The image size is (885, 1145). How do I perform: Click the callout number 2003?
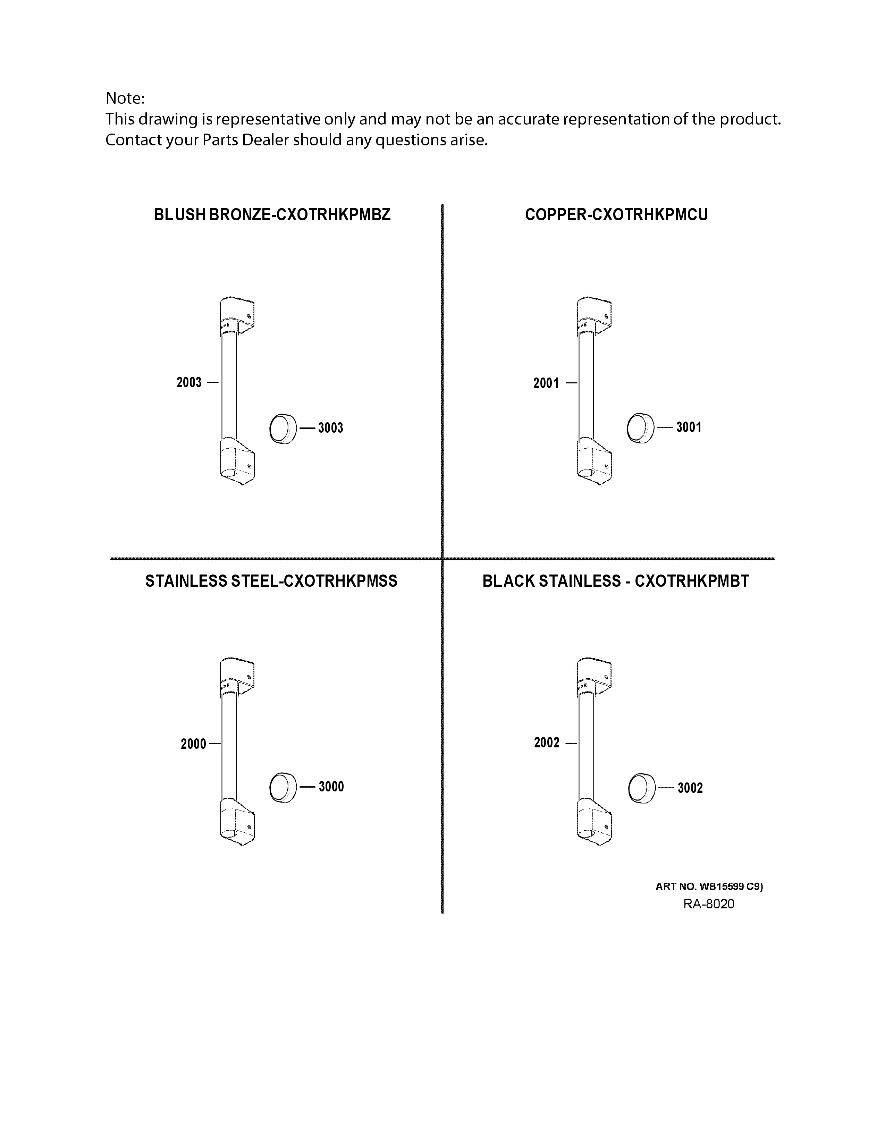click(x=189, y=383)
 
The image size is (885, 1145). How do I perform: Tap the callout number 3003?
click(x=330, y=428)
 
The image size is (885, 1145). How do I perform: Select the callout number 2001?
click(x=546, y=383)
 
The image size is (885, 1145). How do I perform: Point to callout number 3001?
click(x=689, y=427)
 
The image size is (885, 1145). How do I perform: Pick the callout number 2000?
click(x=193, y=744)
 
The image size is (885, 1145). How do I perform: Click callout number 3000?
click(x=331, y=786)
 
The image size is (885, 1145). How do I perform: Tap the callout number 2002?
click(x=547, y=743)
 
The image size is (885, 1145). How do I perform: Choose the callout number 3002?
click(x=690, y=788)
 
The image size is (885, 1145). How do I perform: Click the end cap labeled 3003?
click(x=283, y=428)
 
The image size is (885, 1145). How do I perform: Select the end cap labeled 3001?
click(x=641, y=428)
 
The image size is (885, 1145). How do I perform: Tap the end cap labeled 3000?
click(x=283, y=788)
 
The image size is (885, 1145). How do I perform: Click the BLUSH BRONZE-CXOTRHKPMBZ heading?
click(x=272, y=215)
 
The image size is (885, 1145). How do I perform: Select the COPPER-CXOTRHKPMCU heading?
click(x=617, y=215)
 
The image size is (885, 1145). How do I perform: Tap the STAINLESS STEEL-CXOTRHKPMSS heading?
click(x=271, y=582)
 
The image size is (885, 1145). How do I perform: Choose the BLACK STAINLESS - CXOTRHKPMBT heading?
click(x=616, y=582)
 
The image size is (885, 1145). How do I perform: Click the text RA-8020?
click(x=709, y=904)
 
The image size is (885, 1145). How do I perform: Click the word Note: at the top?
click(x=125, y=98)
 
